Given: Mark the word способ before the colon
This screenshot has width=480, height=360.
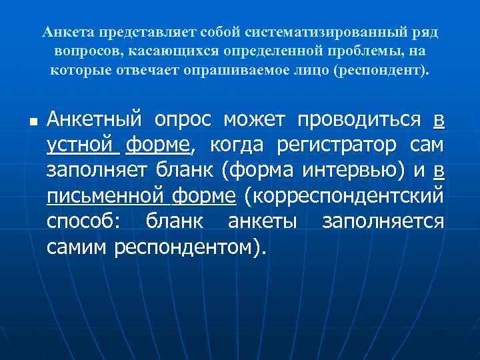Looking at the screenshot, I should tap(81, 221).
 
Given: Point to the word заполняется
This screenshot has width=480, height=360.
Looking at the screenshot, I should tap(383, 221).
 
